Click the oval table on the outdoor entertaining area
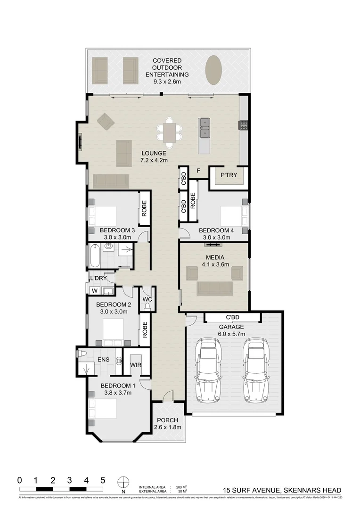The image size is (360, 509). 214,70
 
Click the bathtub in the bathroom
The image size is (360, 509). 94,255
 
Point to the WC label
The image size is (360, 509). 147,299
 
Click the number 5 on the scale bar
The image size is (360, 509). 103,480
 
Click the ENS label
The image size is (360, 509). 103,360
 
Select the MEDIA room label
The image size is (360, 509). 214,257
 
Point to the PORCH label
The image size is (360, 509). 167,420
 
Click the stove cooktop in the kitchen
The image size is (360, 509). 245,125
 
